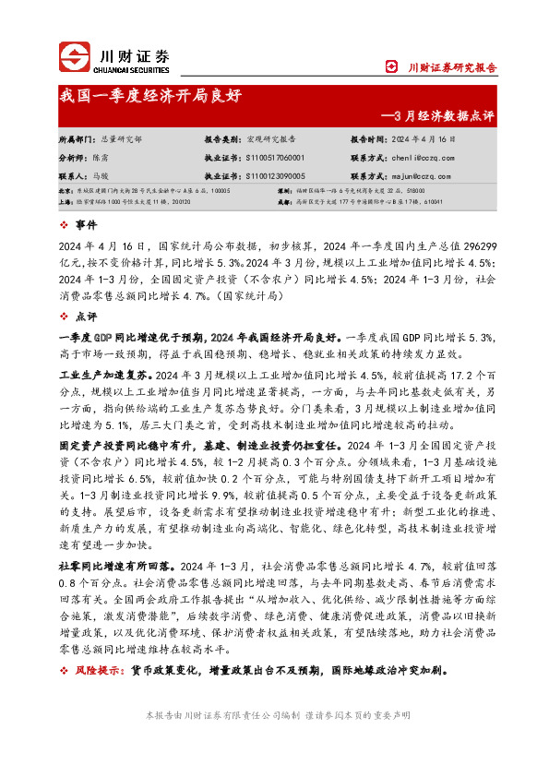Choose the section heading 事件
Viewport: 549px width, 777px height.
coord(86,224)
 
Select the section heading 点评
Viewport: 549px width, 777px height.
coord(86,317)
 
